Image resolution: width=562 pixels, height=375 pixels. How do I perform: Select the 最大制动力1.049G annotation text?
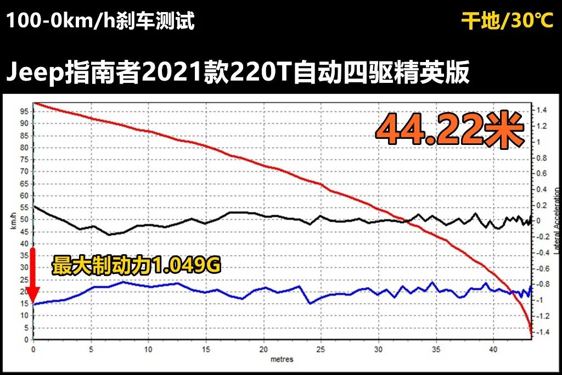point(136,266)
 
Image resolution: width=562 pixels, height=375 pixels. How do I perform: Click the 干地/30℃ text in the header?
point(507,21)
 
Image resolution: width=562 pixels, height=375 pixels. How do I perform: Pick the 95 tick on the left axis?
point(25,111)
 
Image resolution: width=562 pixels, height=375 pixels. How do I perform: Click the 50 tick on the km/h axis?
point(25,220)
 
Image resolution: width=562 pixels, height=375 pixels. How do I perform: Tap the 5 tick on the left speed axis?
point(26,328)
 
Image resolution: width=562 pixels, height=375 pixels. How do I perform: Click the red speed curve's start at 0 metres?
point(34,103)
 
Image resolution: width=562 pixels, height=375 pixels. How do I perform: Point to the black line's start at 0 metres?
point(34,206)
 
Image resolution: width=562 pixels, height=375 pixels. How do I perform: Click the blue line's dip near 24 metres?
point(311,303)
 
